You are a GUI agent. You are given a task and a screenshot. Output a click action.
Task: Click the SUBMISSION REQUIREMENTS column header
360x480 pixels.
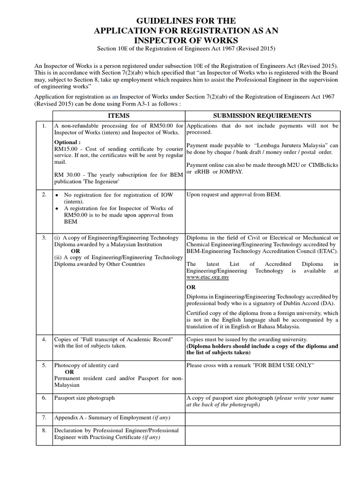(262, 116)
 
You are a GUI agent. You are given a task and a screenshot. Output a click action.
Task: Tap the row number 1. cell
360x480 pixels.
(44, 126)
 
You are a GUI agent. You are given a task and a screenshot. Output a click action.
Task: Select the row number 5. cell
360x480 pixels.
(44, 365)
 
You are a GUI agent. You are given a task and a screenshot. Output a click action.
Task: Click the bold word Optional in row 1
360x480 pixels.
(67, 142)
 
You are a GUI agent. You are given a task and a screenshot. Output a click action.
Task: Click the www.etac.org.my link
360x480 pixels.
(208, 277)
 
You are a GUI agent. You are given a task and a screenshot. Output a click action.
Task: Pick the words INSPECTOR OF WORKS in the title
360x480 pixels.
(180, 40)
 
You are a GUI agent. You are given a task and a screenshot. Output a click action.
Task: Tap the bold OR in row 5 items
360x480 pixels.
(69, 372)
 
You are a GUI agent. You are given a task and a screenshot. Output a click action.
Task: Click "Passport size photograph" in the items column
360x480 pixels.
(84, 398)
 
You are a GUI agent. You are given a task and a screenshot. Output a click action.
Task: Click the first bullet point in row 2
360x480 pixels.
(57, 195)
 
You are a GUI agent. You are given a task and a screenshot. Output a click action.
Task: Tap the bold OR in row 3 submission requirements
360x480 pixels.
(191, 287)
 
